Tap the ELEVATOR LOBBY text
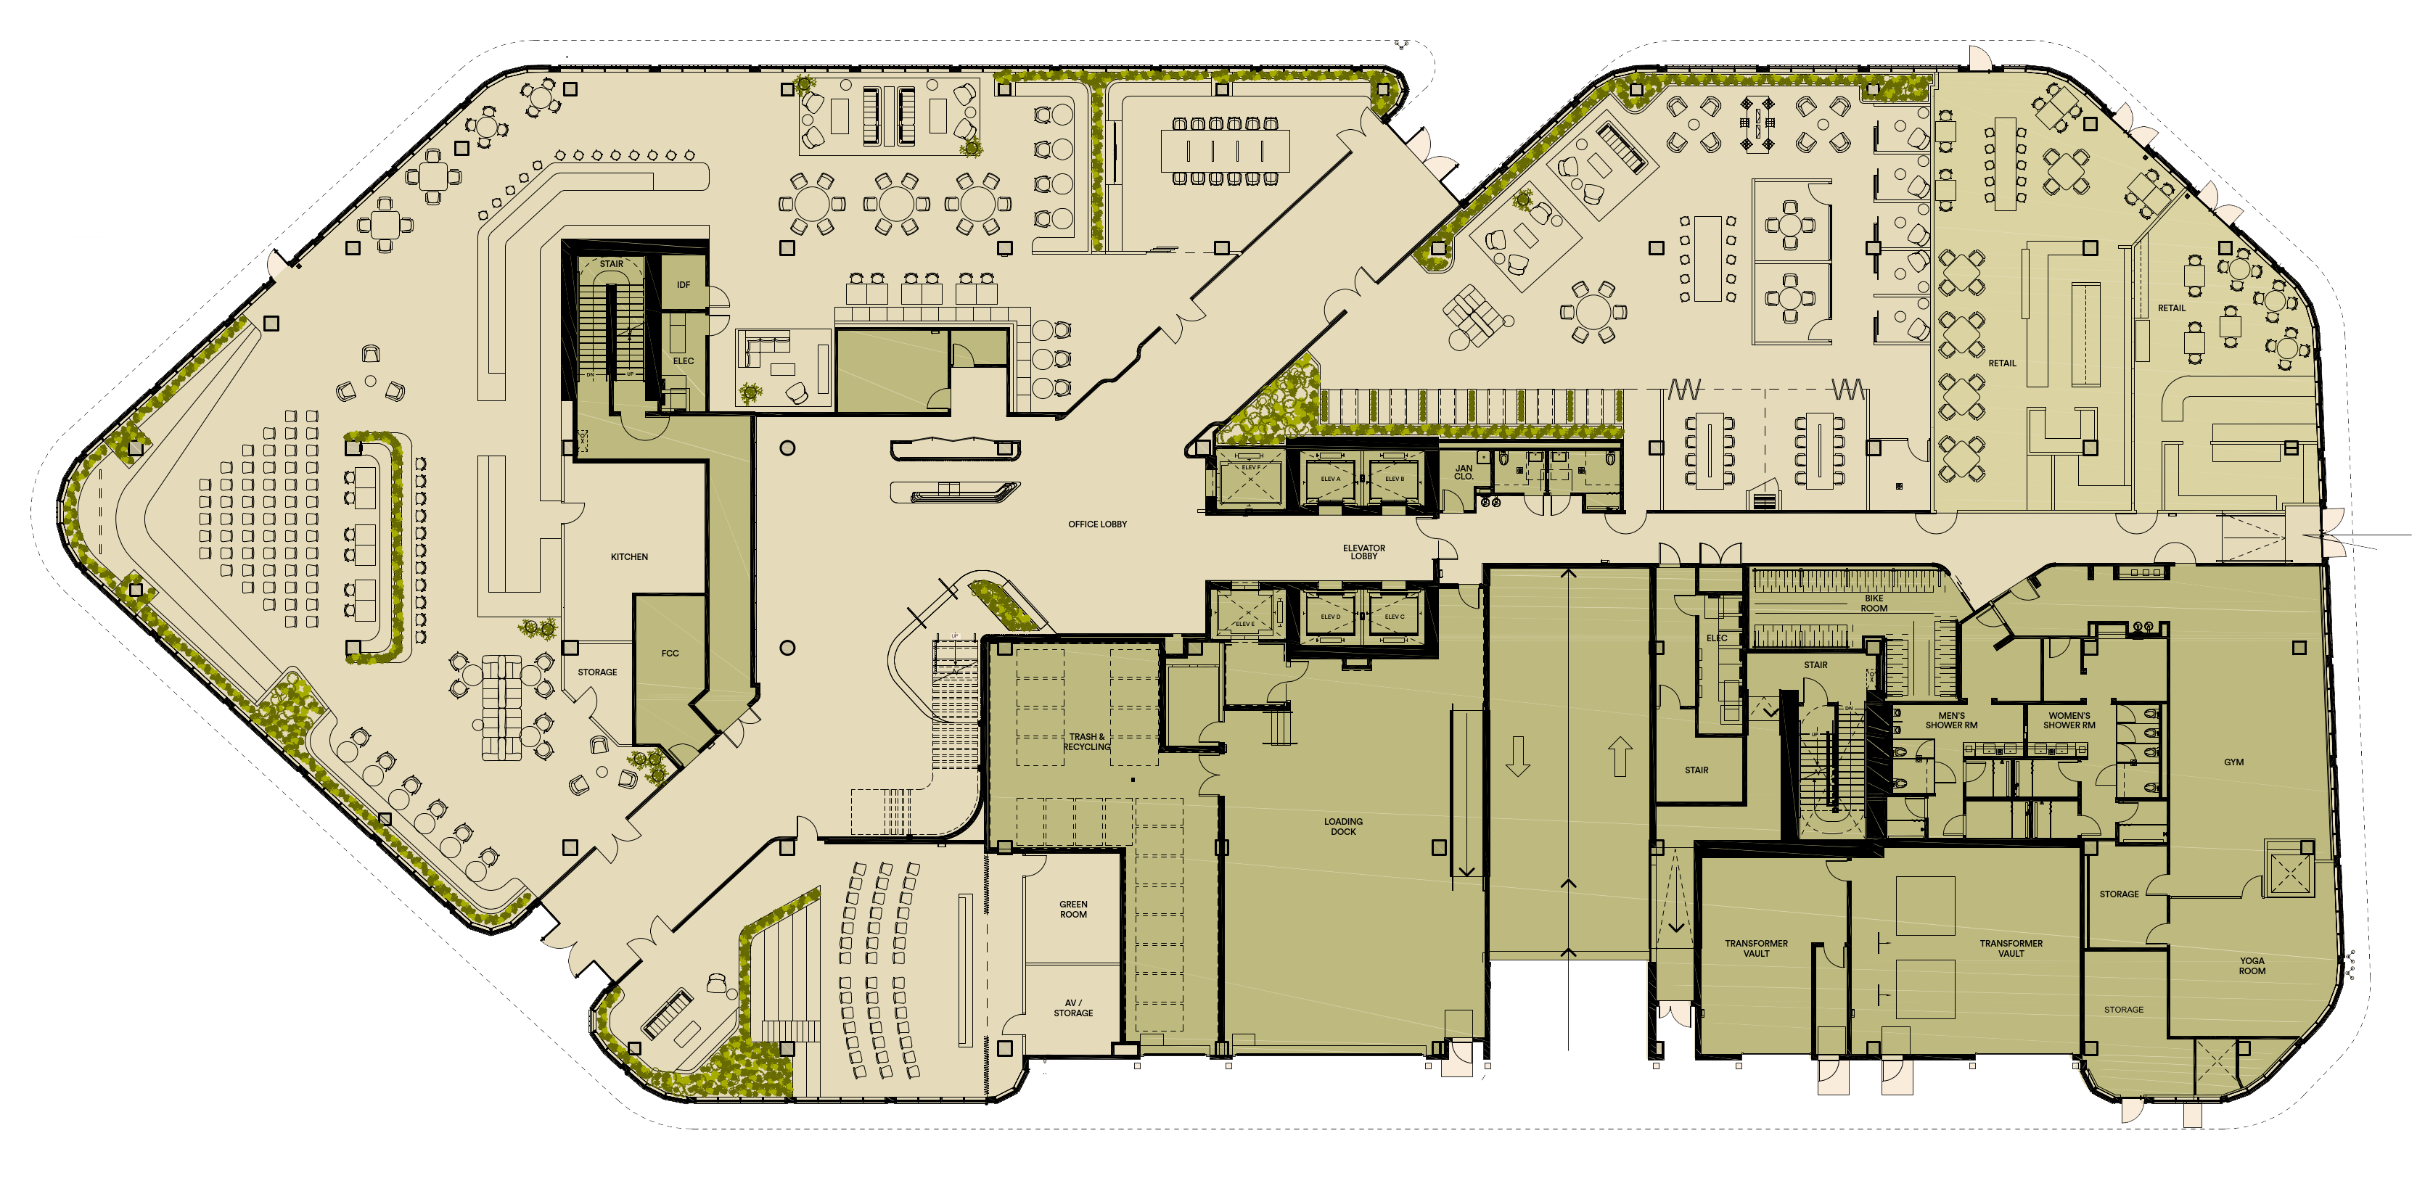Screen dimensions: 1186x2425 pyautogui.click(x=1363, y=551)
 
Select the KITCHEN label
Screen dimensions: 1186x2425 pyautogui.click(x=629, y=557)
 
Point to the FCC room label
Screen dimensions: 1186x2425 pyautogui.click(x=669, y=654)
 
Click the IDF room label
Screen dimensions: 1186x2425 pyautogui.click(x=684, y=285)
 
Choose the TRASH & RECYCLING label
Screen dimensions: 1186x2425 pyautogui.click(x=1087, y=742)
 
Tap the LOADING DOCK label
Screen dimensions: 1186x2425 pyautogui.click(x=1342, y=826)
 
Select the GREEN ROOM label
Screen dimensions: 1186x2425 pyautogui.click(x=1073, y=910)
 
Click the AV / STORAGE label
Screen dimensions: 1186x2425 pyautogui.click(x=1073, y=1008)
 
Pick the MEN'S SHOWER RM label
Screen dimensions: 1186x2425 pyautogui.click(x=1950, y=720)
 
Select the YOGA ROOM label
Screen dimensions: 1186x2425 pyautogui.click(x=2252, y=965)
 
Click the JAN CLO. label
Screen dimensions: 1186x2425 pyautogui.click(x=1463, y=471)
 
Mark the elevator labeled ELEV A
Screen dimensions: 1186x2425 pyautogui.click(x=1330, y=479)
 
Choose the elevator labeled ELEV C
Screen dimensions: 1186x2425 pyautogui.click(x=1394, y=617)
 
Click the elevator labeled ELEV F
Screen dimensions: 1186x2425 pyautogui.click(x=1250, y=468)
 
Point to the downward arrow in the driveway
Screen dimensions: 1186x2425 pyautogui.click(x=1517, y=757)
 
